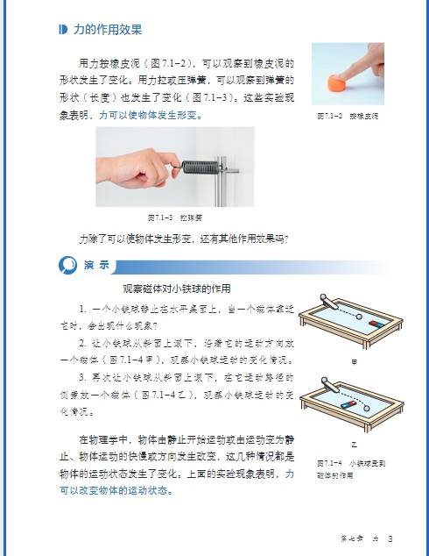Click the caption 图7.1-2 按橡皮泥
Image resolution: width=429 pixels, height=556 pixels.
[348, 116]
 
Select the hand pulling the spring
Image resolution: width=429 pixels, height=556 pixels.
[131, 167]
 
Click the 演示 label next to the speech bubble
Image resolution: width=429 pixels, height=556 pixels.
[96, 265]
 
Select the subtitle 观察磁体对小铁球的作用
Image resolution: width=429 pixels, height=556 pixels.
[176, 289]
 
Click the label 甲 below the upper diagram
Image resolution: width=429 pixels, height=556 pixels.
[354, 360]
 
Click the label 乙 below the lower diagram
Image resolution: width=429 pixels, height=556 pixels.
[354, 445]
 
